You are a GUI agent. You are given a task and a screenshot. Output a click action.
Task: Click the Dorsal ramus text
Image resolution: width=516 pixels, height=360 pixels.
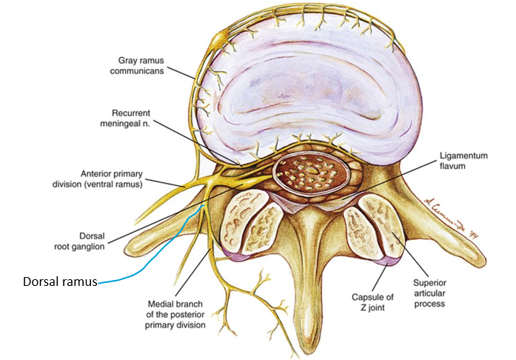(58, 281)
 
